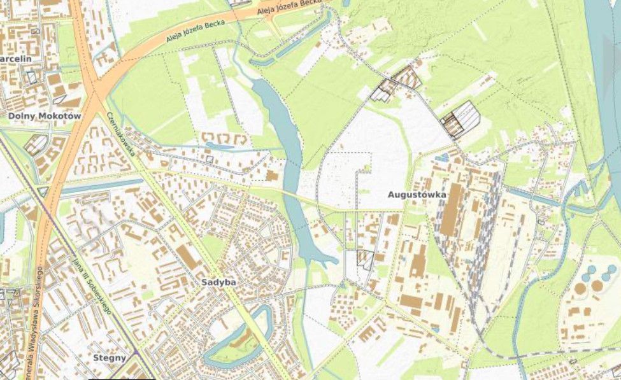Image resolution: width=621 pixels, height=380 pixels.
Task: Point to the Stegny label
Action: [109, 358]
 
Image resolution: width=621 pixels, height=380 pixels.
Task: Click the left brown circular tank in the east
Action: [580, 288]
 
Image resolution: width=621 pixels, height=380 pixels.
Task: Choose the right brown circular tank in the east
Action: [597, 285]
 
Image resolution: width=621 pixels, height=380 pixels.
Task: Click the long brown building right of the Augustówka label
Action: [452, 210]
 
